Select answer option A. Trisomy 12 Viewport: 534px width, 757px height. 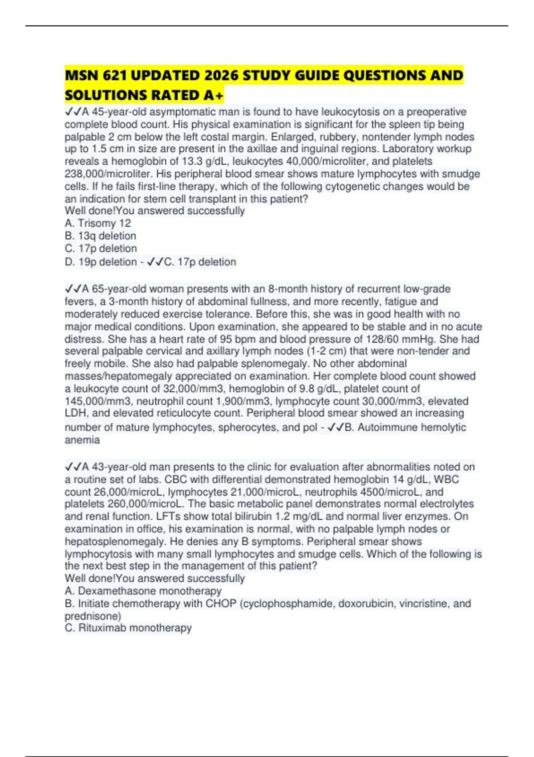[x=98, y=223]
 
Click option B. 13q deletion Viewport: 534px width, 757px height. [x=101, y=236]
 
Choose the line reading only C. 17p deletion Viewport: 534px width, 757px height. [x=101, y=248]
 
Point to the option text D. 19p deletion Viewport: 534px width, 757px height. [x=101, y=262]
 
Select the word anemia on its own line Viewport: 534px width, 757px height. [x=82, y=440]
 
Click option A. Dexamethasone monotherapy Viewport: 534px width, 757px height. [x=143, y=591]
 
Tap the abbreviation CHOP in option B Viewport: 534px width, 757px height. [x=221, y=603]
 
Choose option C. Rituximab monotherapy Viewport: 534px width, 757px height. [x=128, y=628]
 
